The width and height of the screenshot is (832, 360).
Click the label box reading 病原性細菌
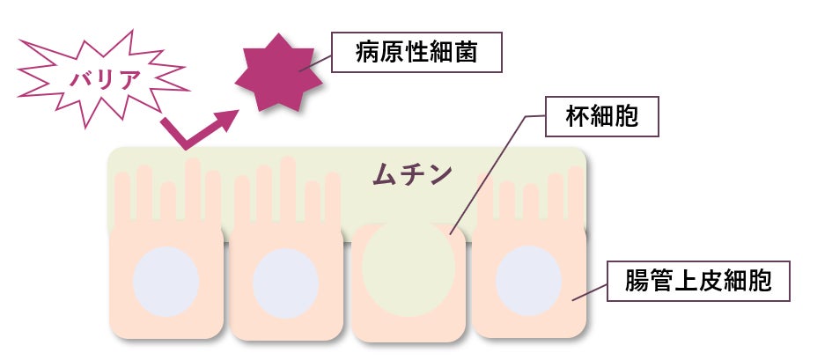point(416,53)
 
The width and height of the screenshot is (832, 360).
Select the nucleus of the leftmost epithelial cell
point(166,282)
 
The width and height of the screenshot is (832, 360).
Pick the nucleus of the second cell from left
point(285,283)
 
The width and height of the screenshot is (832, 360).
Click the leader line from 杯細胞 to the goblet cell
point(493,172)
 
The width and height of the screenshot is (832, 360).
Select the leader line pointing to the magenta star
point(317,62)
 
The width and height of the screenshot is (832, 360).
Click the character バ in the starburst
point(77,78)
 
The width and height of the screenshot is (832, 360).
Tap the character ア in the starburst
point(130,78)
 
